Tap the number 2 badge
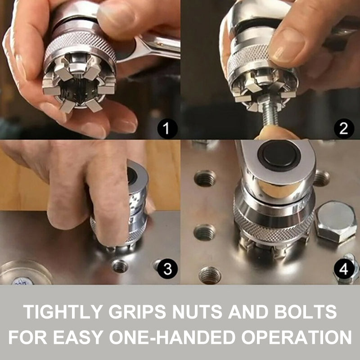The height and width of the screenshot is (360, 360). pyautogui.click(x=343, y=130)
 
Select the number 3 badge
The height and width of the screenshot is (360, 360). pyautogui.click(x=167, y=269)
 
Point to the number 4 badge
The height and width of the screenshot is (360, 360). pyautogui.click(x=343, y=270)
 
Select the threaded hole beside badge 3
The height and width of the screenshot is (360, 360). pyautogui.click(x=120, y=266)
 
